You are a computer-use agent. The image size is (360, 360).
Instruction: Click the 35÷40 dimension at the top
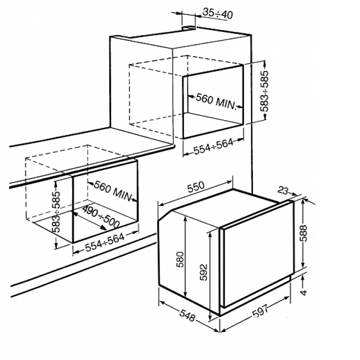click(x=218, y=13)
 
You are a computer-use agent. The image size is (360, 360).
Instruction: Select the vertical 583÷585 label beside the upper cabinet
click(x=264, y=91)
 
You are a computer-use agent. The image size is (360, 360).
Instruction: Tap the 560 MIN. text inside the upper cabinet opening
click(x=216, y=102)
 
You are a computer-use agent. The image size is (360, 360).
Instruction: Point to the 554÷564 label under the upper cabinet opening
click(x=213, y=147)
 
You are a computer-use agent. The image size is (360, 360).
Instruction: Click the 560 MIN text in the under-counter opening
click(x=113, y=190)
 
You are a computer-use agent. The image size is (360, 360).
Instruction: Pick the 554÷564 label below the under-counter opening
click(x=105, y=242)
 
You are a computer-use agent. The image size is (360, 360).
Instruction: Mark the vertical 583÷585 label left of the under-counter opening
click(x=56, y=211)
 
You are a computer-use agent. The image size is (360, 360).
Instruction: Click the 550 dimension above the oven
click(x=196, y=187)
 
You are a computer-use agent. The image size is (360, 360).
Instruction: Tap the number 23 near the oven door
click(x=283, y=190)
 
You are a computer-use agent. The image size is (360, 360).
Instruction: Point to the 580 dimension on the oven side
click(x=180, y=260)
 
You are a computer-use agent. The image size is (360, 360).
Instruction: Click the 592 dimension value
click(x=203, y=273)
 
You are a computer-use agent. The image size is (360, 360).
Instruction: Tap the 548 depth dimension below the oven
click(x=187, y=315)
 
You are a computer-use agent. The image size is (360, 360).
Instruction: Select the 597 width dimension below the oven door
click(x=260, y=310)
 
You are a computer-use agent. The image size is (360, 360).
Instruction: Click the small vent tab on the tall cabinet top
click(x=189, y=28)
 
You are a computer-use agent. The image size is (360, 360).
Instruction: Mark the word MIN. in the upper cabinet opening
click(x=226, y=104)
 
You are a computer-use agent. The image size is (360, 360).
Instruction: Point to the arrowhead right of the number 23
click(x=294, y=194)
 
